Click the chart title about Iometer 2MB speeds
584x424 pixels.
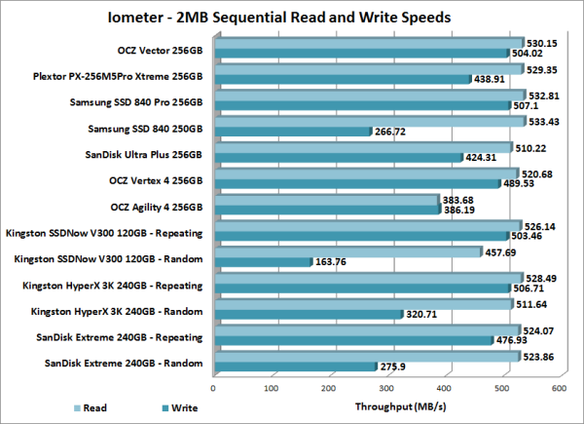click(292, 18)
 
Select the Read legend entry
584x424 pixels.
click(87, 408)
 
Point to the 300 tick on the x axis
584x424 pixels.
click(385, 387)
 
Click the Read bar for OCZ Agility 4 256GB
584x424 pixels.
click(325, 199)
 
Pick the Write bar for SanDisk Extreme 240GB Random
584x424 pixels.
click(293, 366)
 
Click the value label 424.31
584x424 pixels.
click(484, 157)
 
